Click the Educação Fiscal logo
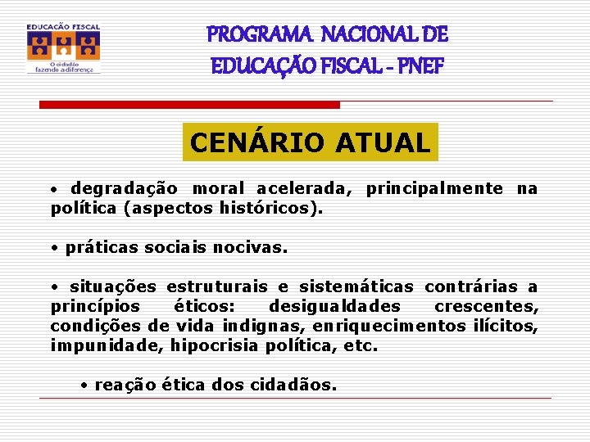pyautogui.click(x=63, y=48)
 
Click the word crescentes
pyautogui.click(x=486, y=307)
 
